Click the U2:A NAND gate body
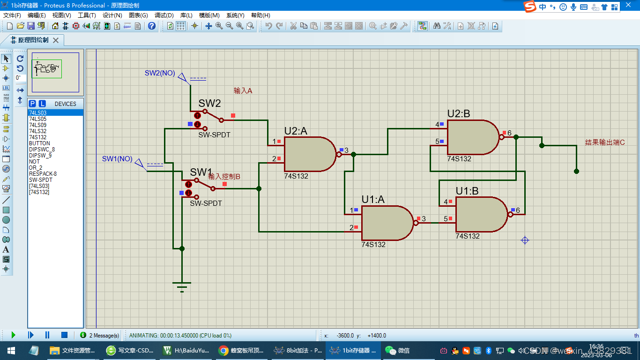[309, 154]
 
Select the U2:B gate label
[459, 114]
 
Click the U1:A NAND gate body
[387, 223]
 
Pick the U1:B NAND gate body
[481, 214]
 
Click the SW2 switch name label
[209, 104]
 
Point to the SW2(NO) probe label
[160, 73]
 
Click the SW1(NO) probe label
[117, 159]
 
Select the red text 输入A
[243, 91]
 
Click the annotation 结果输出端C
[605, 142]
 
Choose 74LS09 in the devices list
[38, 125]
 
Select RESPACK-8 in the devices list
[43, 174]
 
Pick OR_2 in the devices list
[36, 168]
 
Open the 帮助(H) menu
[260, 15]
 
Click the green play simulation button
[13, 335]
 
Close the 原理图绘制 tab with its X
[56, 40]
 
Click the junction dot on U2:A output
[354, 154]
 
